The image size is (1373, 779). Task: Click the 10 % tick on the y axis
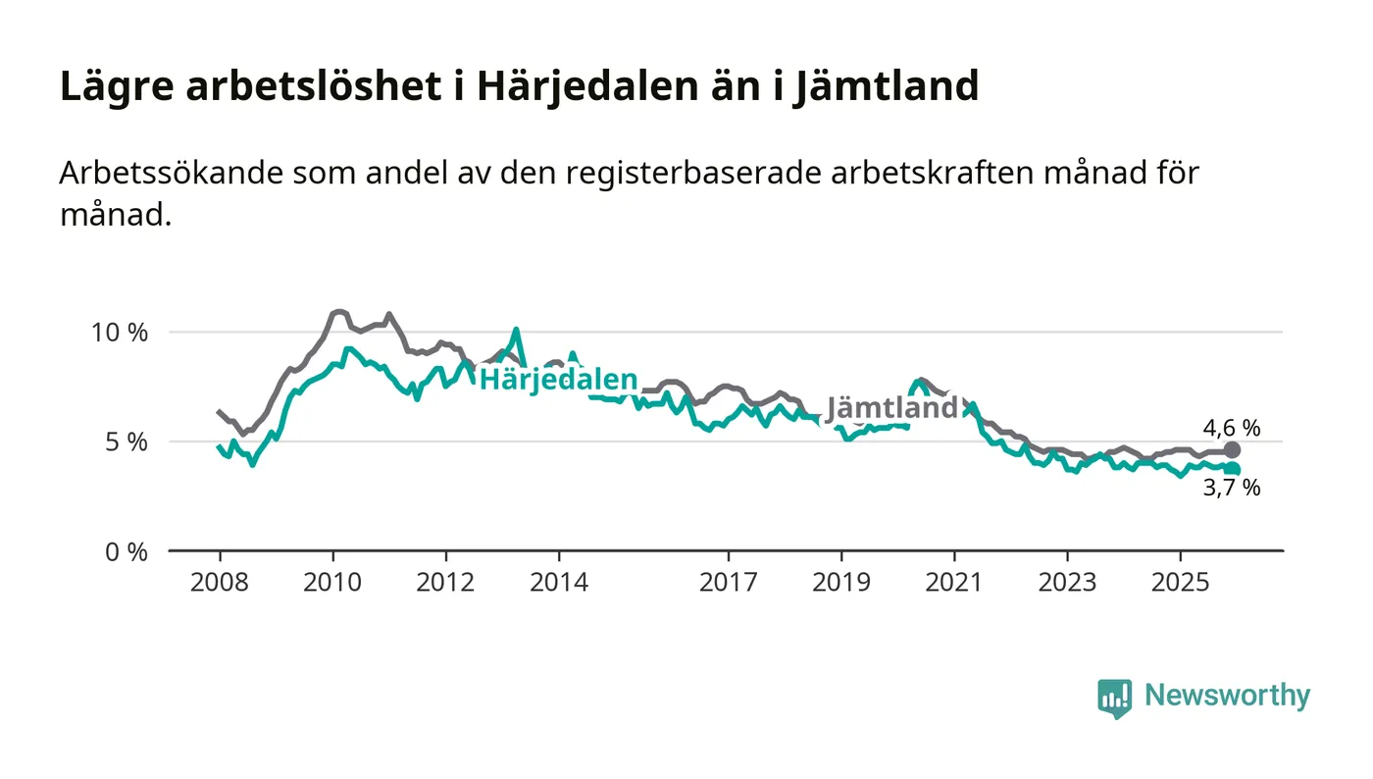point(120,333)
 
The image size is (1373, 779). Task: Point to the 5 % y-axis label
point(126,442)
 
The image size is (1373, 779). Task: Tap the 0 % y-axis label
point(126,552)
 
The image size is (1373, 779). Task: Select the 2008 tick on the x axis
point(219,582)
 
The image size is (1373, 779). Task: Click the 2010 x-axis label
point(332,582)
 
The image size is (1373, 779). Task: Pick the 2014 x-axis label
point(559,582)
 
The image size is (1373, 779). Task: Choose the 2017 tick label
point(728,582)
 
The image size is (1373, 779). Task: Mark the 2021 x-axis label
point(954,582)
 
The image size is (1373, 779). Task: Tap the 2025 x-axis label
point(1180,582)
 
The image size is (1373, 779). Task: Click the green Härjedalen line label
point(557,380)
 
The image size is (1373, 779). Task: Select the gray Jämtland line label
point(890,407)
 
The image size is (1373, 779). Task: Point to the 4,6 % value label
point(1232,428)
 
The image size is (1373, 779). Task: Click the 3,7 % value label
point(1232,488)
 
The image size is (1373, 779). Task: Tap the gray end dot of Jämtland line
point(1233,450)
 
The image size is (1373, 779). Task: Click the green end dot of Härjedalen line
point(1233,470)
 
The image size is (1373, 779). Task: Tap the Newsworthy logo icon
point(1114,698)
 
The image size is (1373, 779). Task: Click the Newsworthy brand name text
point(1227,696)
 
